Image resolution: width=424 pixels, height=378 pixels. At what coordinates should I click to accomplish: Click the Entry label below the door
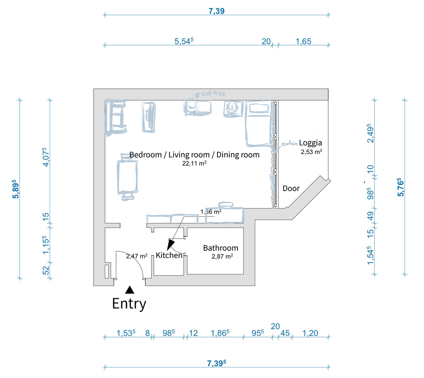point(129,303)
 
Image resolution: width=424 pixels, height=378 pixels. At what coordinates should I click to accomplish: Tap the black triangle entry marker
point(130,290)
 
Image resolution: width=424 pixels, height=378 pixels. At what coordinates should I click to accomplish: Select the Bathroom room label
point(221,248)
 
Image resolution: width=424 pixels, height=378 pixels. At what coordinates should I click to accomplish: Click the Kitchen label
point(169,255)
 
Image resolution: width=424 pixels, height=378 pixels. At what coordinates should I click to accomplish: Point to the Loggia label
point(311,142)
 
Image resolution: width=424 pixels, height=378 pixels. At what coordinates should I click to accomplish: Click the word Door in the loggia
point(291,188)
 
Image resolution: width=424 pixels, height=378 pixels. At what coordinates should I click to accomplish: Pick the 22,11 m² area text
point(194,164)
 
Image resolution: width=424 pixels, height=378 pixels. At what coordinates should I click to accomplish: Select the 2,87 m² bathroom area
point(222,257)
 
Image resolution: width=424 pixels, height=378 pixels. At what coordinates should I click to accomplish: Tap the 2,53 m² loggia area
point(311,152)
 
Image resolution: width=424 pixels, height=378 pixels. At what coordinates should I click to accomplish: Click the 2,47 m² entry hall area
point(137,256)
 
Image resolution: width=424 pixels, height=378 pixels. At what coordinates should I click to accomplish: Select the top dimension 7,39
point(216,11)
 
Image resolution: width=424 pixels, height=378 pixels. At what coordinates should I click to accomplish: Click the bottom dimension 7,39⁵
point(216,363)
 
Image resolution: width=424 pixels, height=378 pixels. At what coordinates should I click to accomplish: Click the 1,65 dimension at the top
point(303,41)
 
